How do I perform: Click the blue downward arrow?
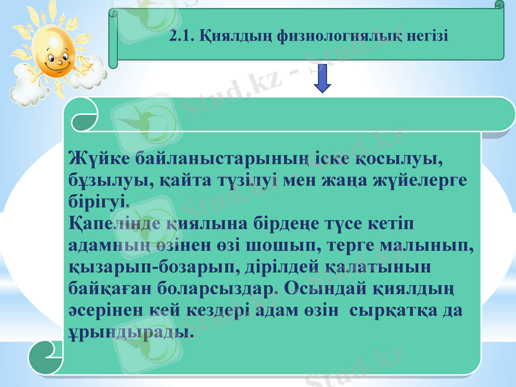pos(323,81)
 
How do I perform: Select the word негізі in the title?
pos(426,36)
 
